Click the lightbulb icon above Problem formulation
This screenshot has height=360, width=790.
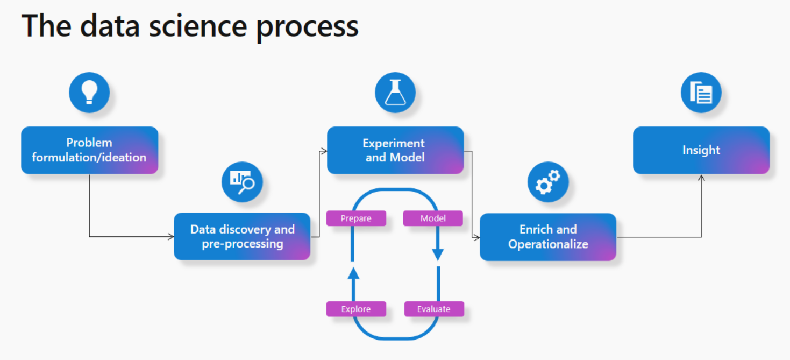(89, 93)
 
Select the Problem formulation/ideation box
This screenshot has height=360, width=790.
(89, 150)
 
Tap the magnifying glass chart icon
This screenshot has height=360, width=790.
(241, 182)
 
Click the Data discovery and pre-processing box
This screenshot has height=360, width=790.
(242, 236)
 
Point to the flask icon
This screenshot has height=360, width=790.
(395, 93)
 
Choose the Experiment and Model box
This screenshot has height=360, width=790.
(395, 150)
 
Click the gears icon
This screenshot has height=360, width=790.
(547, 182)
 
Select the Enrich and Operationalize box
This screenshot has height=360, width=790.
(547, 237)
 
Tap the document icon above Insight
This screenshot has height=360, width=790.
(701, 93)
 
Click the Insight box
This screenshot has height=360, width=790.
(701, 150)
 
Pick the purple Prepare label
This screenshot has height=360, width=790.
(356, 218)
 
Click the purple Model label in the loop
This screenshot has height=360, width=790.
(433, 218)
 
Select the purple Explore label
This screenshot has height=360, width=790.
(356, 309)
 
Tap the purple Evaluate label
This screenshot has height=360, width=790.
(433, 309)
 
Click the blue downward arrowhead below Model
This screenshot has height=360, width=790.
(438, 254)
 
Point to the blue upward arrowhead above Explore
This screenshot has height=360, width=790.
(353, 273)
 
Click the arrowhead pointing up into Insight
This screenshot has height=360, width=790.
(701, 177)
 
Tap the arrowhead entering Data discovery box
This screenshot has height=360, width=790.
(170, 236)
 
